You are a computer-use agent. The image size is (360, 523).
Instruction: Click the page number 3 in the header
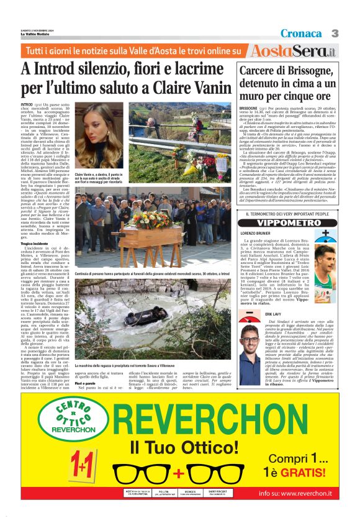(x=334, y=33)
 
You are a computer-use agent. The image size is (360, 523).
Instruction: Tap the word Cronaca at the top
(x=300, y=33)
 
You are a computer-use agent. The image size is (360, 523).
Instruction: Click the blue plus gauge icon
(x=322, y=237)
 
